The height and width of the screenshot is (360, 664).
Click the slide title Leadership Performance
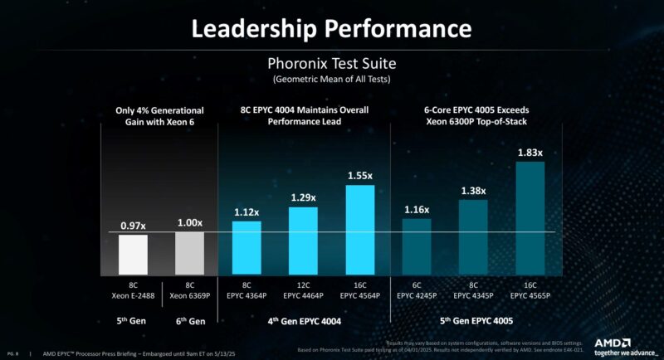332,28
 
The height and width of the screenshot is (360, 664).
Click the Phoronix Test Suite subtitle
332,64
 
